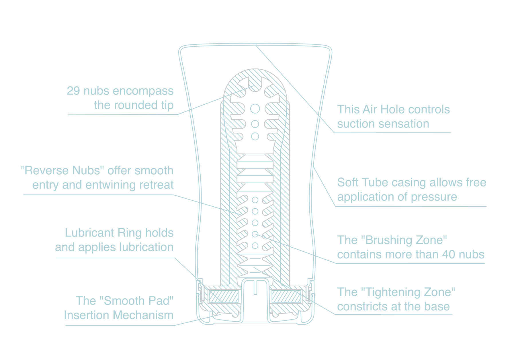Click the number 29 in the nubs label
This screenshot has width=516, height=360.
(x=73, y=91)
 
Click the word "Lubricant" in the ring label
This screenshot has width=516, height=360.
(x=89, y=233)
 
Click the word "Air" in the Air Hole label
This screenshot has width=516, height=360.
(x=370, y=109)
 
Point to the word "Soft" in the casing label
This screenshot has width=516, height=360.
(x=347, y=183)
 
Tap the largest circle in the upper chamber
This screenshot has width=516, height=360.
(x=255, y=109)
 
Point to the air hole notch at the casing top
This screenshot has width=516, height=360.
(x=255, y=44)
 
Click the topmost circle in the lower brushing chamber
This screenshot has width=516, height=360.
(x=255, y=200)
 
